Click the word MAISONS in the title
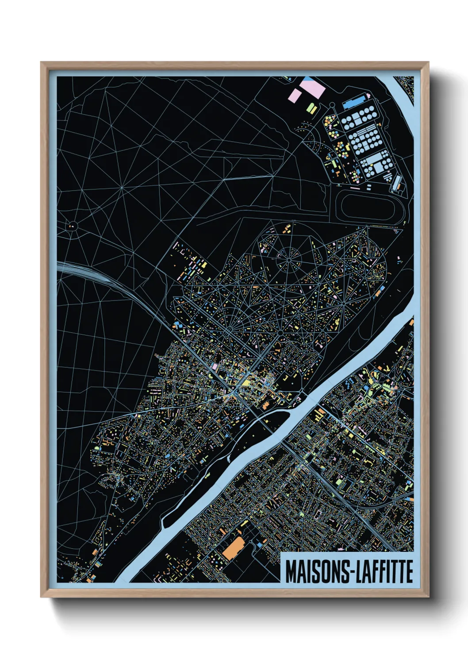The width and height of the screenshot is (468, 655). tap(317, 572)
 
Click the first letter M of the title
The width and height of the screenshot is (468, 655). tap(291, 572)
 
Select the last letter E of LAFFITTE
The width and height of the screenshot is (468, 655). tap(409, 572)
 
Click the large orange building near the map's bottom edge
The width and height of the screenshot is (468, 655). tap(233, 548)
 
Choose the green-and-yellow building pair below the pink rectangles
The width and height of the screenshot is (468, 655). tap(311, 108)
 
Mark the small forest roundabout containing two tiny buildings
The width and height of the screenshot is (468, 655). tap(72, 227)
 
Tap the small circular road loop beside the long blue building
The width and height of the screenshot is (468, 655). tap(331, 105)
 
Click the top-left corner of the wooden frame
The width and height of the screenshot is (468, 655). tap(41, 63)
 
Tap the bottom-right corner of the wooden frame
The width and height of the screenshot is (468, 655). tap(428, 597)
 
